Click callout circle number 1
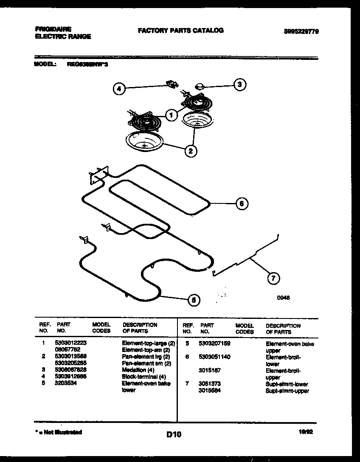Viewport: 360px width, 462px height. pyautogui.click(x=172, y=115)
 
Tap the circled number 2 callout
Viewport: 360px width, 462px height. pyautogui.click(x=191, y=150)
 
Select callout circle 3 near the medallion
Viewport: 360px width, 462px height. pyautogui.click(x=240, y=85)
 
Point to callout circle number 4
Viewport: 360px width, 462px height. pyautogui.click(x=120, y=89)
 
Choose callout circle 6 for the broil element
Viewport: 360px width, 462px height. pyautogui.click(x=241, y=203)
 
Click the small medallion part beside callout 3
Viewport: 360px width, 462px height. pyautogui.click(x=200, y=87)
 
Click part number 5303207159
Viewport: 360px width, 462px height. pyautogui.click(x=214, y=344)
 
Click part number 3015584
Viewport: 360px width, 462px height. pyautogui.click(x=209, y=390)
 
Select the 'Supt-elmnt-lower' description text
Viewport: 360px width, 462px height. pyautogui.click(x=287, y=384)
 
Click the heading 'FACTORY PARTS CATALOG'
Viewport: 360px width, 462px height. pyautogui.click(x=180, y=31)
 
